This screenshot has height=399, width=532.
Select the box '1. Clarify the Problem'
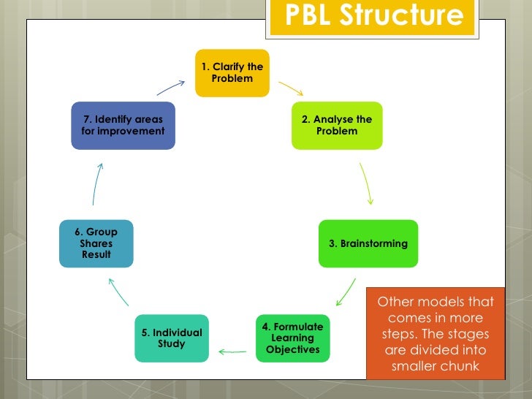coord(232,73)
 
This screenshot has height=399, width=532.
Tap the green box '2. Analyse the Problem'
coord(337,125)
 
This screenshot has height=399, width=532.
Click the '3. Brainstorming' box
coord(368,243)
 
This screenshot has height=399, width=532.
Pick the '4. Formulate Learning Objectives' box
coord(292,338)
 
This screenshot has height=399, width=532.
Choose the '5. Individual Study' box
coord(172,338)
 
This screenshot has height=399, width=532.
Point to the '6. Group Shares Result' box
coord(96,243)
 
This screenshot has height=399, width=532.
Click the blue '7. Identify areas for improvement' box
coord(123,125)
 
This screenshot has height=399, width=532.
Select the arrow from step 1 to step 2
coord(290,89)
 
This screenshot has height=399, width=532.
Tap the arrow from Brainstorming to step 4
coord(346,291)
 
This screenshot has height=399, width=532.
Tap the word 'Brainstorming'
coord(373,244)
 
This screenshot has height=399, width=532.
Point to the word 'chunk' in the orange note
coord(460,366)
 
